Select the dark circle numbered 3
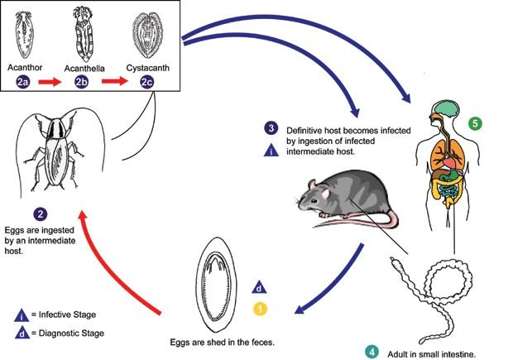[x=271, y=128]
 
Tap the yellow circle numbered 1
[x=261, y=309]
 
